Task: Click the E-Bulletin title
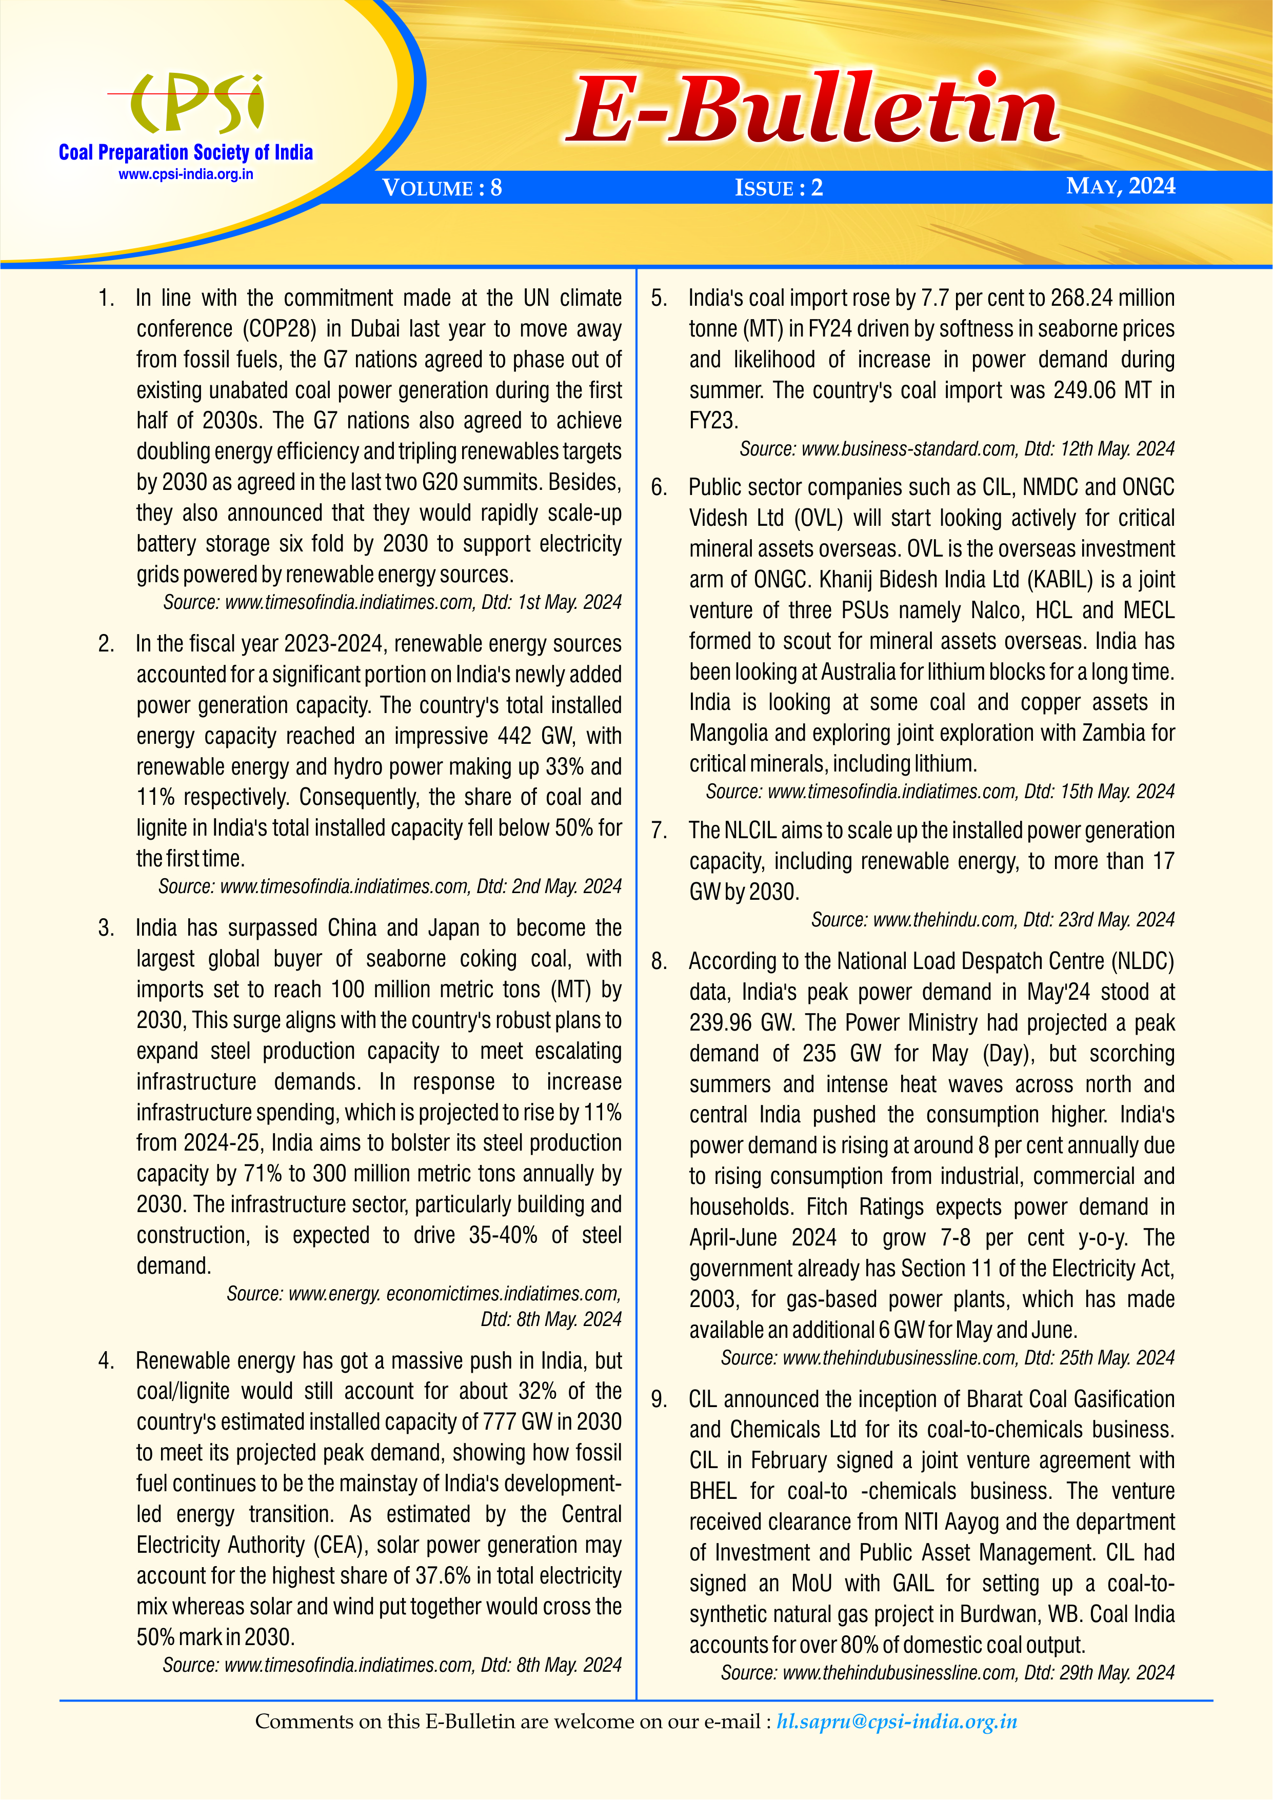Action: pyautogui.click(x=813, y=110)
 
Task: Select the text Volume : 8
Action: pyautogui.click(x=441, y=188)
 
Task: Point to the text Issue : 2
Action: pyautogui.click(x=779, y=188)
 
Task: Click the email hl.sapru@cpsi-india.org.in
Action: pyautogui.click(x=897, y=1722)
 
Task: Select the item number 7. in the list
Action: pyautogui.click(x=659, y=830)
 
